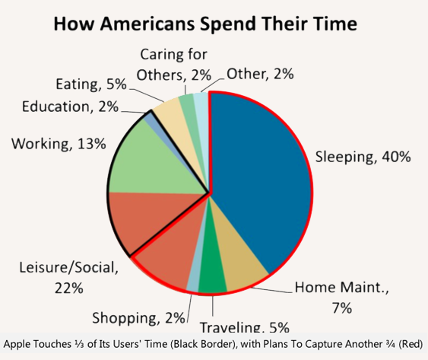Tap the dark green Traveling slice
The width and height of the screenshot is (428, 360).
[x=213, y=282]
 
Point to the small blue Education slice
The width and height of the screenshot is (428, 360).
[x=151, y=118]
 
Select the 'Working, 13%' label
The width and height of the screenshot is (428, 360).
[x=58, y=143]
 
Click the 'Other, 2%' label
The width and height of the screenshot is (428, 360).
[x=261, y=74]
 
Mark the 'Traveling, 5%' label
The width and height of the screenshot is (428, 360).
[x=244, y=328]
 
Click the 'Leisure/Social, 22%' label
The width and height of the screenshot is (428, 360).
[x=68, y=278]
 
